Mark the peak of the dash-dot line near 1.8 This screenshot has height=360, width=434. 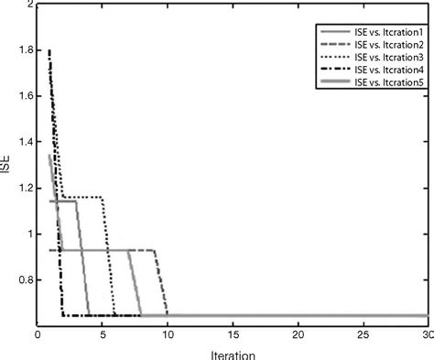pyautogui.click(x=49, y=51)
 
